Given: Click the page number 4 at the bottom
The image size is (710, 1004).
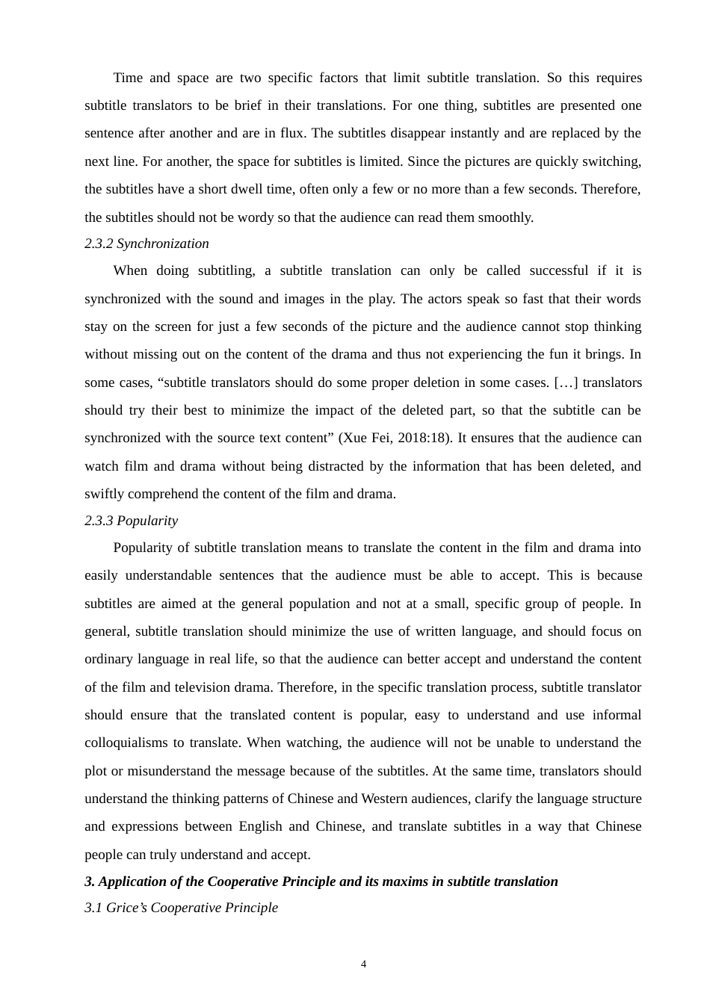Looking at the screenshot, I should [364, 964].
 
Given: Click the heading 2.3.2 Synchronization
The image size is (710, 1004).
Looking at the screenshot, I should [146, 244].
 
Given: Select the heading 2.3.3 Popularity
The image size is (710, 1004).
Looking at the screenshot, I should [131, 521].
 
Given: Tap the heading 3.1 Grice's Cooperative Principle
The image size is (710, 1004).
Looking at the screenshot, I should [181, 908].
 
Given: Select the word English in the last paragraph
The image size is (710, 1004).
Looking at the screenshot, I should [260, 826].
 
